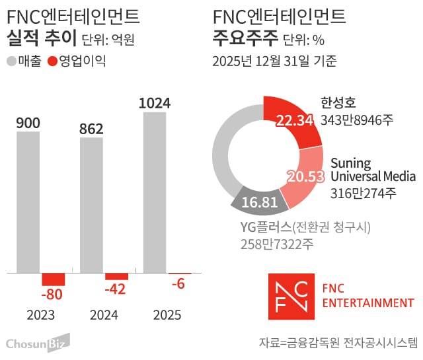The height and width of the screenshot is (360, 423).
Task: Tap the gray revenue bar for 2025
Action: tap(155, 192)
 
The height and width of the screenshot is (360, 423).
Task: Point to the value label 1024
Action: tap(155, 103)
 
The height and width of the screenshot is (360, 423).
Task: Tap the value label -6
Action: tap(179, 283)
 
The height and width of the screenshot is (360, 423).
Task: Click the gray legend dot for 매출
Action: tap(12, 62)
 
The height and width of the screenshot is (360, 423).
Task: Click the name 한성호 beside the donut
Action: tap(338, 103)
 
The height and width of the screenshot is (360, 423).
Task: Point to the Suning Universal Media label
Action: tap(372, 170)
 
